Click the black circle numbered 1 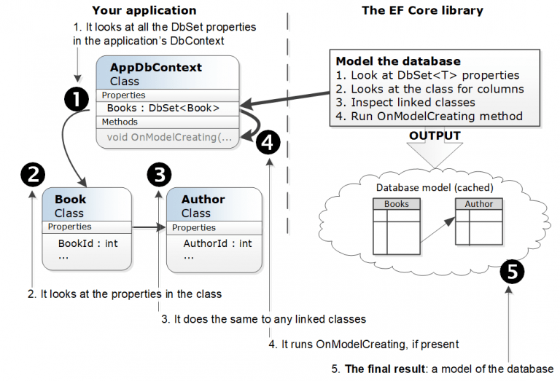(x=77, y=100)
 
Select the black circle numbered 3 (x=159, y=174)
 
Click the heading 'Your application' (x=144, y=10)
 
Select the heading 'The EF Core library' (x=422, y=10)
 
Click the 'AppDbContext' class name (x=155, y=68)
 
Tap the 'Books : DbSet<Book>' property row (x=168, y=108)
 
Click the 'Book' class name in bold (x=70, y=199)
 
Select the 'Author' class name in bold (x=203, y=199)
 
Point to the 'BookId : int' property (x=87, y=243)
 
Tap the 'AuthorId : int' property (x=217, y=243)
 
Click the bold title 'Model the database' (x=397, y=61)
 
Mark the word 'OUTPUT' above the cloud (x=435, y=135)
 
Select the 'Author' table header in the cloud (x=478, y=204)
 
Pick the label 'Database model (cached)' (x=435, y=187)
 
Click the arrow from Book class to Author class (x=149, y=228)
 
